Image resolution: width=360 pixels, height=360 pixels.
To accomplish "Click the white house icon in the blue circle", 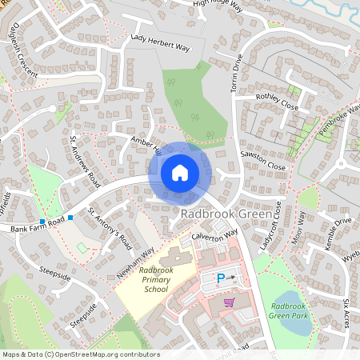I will pos(180,172).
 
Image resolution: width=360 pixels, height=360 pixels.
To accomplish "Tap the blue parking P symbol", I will pos(221,278).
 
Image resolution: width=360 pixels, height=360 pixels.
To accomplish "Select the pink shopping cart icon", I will pos(230,302).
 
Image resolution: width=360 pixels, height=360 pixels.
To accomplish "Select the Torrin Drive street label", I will pos(237,73).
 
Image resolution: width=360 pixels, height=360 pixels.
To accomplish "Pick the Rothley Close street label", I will pos(276,102).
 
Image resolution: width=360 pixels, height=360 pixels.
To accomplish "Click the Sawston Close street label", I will pos(265,160).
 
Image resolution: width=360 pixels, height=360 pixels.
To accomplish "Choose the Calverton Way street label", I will pos(215,237).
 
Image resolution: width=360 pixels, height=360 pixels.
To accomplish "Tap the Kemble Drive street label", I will pos(331,233).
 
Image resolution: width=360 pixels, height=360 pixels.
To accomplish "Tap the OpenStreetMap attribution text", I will pos(80,354).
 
